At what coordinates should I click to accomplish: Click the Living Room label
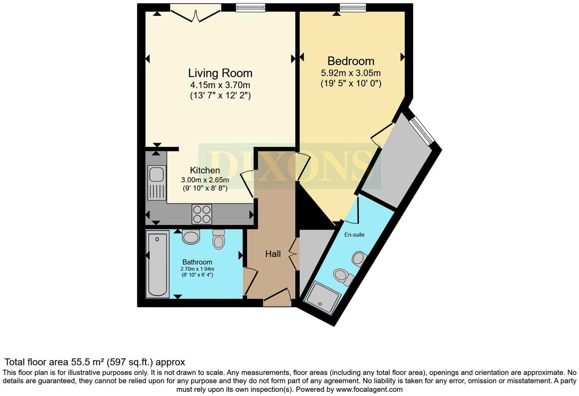click(220, 73)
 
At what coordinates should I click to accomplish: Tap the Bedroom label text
click(350, 61)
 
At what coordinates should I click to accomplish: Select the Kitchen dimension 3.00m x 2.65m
click(205, 180)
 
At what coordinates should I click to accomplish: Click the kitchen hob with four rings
click(202, 214)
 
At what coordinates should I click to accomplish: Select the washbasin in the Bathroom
click(191, 236)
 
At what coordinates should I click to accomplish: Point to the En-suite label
click(354, 235)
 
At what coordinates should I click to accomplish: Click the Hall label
click(273, 254)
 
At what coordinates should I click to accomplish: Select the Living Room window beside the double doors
click(250, 8)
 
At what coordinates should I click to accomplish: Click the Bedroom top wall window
click(353, 8)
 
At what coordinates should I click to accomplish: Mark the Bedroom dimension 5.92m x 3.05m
click(350, 73)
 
